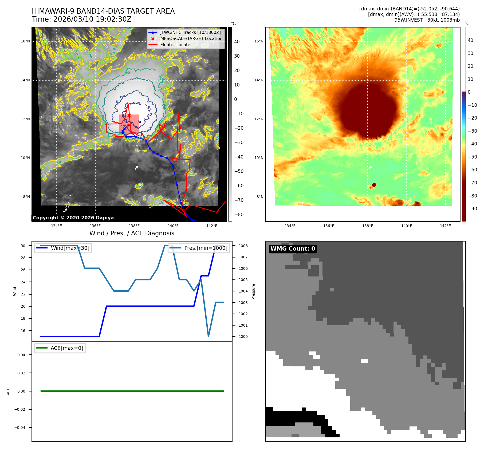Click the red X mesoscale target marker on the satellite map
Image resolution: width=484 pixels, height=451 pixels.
129,115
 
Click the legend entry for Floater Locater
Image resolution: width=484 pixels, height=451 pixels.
176,45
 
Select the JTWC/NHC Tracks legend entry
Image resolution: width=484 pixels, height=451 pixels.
190,33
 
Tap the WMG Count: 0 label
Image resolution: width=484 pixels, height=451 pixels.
293,249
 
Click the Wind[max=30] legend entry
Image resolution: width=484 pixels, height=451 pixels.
70,248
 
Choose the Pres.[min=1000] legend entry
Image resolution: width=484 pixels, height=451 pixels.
206,248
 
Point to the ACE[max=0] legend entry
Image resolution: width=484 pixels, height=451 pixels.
67,348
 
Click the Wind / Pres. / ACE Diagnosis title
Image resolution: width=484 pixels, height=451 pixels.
132,233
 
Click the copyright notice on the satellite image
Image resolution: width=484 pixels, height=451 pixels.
73,218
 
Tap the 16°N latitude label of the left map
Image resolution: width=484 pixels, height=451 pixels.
25,41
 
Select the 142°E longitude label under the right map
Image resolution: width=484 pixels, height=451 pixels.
445,226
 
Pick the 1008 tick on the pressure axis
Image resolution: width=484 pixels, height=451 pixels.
243,246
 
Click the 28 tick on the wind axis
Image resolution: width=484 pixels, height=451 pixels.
23,258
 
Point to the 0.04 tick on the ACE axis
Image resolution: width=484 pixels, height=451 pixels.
21,355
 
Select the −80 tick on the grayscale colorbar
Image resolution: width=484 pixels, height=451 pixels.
239,215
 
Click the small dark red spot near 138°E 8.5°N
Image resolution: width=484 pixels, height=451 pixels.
374,185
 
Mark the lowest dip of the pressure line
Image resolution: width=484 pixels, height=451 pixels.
208,336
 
